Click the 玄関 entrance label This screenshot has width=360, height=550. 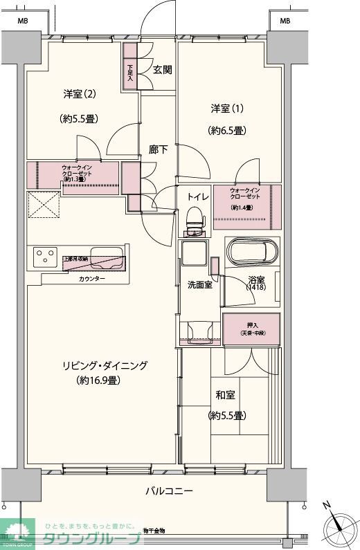click(163, 69)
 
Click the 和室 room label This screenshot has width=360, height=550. click(226, 395)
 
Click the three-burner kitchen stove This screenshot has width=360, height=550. click(45, 258)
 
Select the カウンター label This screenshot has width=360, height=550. click(93, 278)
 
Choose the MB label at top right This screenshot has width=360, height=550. click(285, 21)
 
